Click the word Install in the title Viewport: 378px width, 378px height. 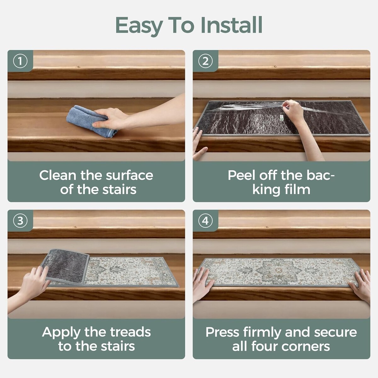(232, 25)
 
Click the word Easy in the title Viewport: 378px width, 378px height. (139, 27)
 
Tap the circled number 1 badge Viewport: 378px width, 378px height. (20, 61)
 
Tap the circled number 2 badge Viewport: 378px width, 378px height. (205, 61)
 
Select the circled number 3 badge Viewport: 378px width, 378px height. (20, 221)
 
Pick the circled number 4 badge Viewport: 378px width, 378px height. (205, 221)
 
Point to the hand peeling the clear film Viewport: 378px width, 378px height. (292, 110)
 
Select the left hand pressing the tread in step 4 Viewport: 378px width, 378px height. (202, 283)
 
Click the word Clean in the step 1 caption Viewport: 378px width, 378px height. (58, 175)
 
